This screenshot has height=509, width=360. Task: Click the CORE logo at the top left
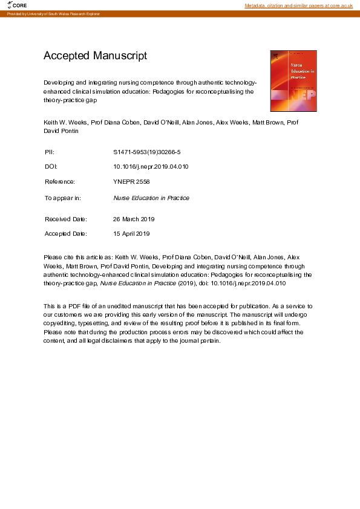click(18, 5)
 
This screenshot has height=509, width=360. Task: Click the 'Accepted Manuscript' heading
click(95, 56)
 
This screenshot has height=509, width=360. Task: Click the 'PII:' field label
click(50, 152)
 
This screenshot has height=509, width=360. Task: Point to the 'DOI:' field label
click(51, 166)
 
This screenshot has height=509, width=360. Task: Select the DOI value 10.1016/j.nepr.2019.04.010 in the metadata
click(151, 166)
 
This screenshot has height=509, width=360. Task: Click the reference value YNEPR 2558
click(131, 181)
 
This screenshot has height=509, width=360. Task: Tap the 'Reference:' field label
click(60, 181)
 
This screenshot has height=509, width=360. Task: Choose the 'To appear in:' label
click(63, 198)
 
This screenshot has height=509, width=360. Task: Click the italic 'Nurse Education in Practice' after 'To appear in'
click(151, 198)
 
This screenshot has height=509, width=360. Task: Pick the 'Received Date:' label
click(66, 219)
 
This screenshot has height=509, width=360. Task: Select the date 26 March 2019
click(134, 219)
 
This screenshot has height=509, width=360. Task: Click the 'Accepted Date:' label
click(66, 233)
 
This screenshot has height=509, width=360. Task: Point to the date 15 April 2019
click(131, 233)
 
